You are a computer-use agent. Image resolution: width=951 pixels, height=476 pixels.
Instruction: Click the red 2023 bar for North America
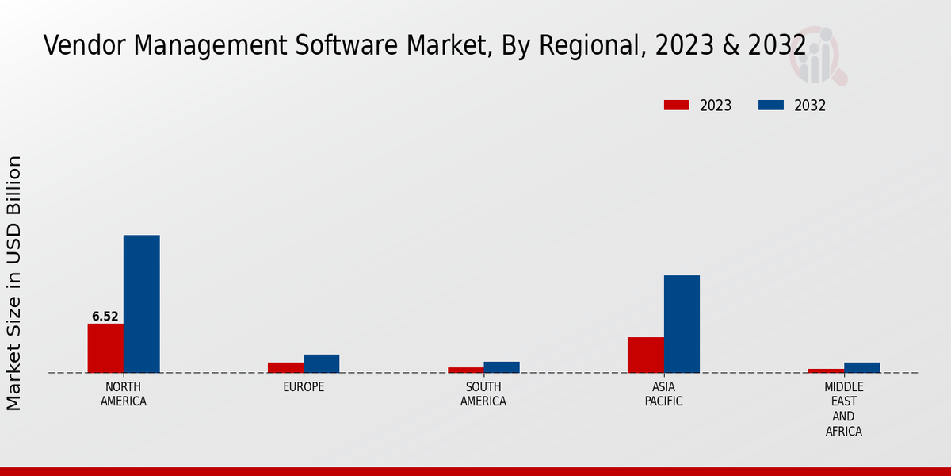(x=105, y=348)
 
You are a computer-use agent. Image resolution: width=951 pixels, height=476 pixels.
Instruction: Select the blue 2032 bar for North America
(x=141, y=304)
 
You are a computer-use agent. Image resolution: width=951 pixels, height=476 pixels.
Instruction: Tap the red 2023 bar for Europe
(x=285, y=367)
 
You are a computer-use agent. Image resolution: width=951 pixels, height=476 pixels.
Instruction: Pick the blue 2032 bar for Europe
(x=321, y=363)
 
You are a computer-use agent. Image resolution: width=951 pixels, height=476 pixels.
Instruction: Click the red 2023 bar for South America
(x=465, y=370)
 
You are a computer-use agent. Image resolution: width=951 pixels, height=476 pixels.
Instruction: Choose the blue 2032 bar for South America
(x=502, y=367)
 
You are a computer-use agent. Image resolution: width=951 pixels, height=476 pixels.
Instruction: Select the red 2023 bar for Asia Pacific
(x=645, y=355)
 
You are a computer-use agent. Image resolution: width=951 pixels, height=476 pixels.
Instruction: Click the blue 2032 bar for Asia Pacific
(x=682, y=324)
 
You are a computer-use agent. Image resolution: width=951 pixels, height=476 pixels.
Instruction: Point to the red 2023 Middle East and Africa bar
(x=826, y=370)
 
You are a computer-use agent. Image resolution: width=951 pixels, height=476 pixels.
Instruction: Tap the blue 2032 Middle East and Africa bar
(x=861, y=367)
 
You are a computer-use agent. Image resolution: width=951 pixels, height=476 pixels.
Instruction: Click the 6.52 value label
(x=105, y=317)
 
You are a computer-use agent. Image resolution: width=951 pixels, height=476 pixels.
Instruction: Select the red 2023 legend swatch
(x=676, y=106)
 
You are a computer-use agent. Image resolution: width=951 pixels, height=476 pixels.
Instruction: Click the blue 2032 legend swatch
(x=771, y=106)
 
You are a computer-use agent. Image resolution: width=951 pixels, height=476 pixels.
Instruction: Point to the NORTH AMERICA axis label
(x=124, y=394)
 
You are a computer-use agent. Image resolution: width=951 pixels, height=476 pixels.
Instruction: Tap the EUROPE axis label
(x=304, y=387)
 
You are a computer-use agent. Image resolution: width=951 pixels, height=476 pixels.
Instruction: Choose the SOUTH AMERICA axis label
(x=483, y=394)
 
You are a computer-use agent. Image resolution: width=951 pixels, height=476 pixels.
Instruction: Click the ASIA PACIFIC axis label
(x=664, y=394)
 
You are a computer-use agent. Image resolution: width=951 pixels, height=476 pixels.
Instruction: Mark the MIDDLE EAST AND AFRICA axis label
(x=844, y=409)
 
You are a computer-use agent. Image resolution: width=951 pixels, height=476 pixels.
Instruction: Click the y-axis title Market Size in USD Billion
(x=14, y=283)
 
